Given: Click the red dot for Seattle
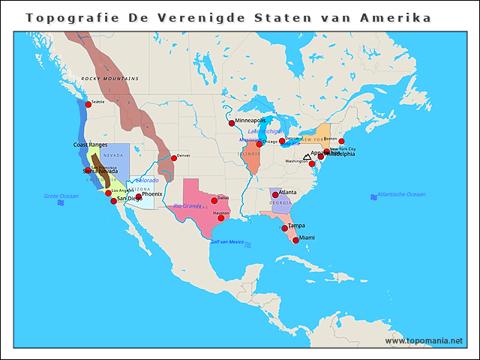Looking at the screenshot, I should [88, 104].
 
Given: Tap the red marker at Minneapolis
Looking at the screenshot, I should [232, 123].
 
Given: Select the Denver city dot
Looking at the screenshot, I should [173, 157].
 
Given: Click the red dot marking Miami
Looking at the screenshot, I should [295, 240].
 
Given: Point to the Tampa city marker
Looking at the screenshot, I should [284, 228].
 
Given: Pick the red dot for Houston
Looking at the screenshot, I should [220, 217].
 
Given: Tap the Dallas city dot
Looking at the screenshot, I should [214, 200].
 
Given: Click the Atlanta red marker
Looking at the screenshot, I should [274, 194].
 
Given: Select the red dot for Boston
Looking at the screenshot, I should [341, 141].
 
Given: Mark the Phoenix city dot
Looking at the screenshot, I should [139, 196].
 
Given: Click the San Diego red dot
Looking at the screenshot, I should [113, 201].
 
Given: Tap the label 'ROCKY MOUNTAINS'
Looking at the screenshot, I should [110, 79].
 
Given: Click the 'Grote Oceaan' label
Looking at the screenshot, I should [61, 196].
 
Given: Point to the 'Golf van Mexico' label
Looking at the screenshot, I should [227, 242].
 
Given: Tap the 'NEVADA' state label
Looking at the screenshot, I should [112, 155].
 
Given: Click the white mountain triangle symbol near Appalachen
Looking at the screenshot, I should [306, 158].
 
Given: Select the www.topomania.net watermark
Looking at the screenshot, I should [424, 340].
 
